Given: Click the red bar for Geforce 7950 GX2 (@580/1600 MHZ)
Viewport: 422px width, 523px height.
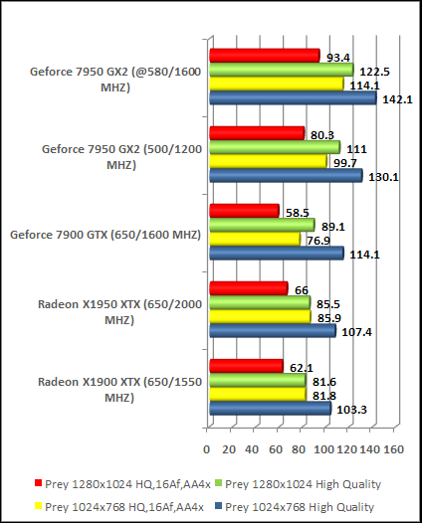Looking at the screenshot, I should (264, 56).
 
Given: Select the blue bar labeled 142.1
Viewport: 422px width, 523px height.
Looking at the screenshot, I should (292, 98).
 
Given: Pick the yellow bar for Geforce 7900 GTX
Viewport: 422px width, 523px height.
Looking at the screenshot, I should (254, 239).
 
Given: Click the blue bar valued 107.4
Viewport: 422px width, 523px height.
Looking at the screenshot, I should (272, 330).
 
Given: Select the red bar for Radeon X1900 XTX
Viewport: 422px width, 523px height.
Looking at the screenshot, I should (246, 367).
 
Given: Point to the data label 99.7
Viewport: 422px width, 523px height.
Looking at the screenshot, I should (350, 162).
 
